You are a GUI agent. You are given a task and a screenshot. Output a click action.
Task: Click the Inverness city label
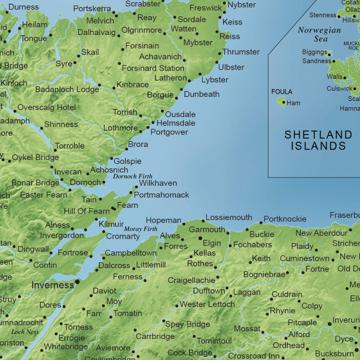(53, 285)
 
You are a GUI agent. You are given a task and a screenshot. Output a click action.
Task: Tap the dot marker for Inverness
(77, 282)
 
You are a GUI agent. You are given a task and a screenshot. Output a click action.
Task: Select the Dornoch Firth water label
(132, 176)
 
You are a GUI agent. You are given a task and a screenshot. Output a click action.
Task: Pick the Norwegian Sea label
(319, 34)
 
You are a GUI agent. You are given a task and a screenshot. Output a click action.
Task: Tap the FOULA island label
(282, 92)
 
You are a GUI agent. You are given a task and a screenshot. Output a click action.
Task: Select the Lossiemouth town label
(229, 217)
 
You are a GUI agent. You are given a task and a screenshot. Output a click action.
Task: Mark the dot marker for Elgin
(201, 238)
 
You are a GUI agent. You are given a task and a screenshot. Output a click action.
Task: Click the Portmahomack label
(161, 195)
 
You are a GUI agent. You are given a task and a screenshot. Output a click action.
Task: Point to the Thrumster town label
(241, 52)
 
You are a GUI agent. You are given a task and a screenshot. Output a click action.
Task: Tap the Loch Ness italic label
(25, 332)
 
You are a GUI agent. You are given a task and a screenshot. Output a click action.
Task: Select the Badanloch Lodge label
(67, 89)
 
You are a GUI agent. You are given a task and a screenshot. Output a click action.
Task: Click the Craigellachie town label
(192, 280)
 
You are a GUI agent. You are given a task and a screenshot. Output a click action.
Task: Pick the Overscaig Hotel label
(47, 108)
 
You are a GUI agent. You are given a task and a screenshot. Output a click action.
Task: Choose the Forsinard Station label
(153, 68)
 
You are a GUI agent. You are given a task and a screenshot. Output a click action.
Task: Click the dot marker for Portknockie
(261, 223)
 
